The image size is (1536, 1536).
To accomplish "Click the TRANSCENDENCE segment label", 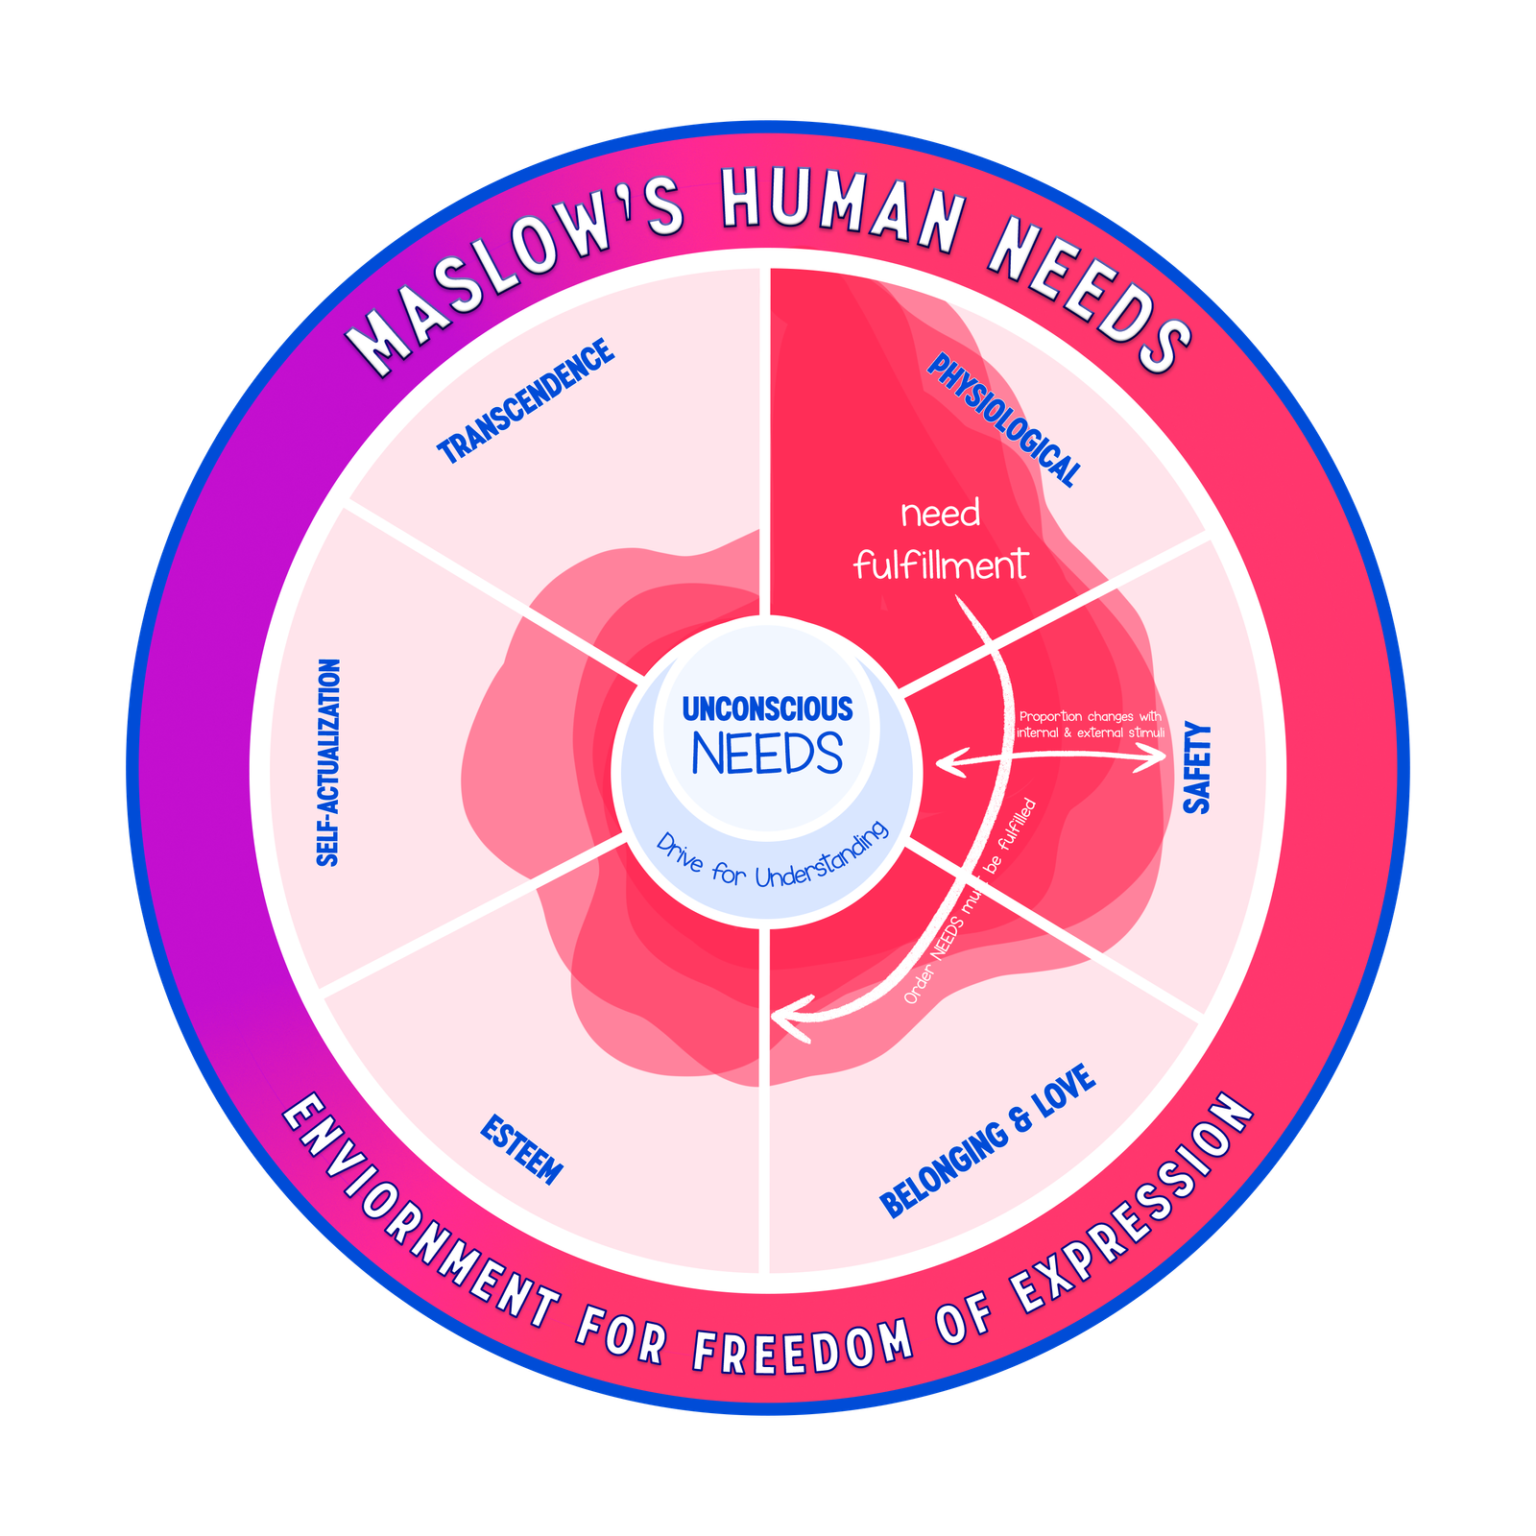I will coord(525,401).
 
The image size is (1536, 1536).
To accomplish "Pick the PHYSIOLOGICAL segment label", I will coord(1004,420).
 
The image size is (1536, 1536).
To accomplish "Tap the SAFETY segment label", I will coord(1197,768).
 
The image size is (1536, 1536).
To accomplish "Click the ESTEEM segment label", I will coord(521,1149).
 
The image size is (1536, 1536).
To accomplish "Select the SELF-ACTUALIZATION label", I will coord(328,762).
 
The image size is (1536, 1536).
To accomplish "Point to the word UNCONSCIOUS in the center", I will coord(767,708).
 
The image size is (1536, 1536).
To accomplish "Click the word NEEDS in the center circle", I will coord(767,755).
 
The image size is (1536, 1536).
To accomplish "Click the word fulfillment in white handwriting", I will coord(940,564).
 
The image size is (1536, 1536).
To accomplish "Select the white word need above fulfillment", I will coord(940,515).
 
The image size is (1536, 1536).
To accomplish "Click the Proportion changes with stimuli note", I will coord(1091,725).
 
